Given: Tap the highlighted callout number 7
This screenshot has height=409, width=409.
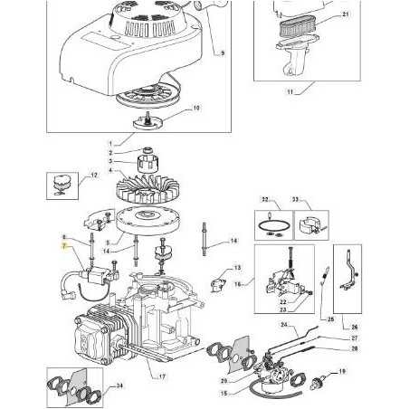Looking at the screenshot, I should [63, 245].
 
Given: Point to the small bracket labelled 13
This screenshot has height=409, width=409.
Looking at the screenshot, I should [214, 282].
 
